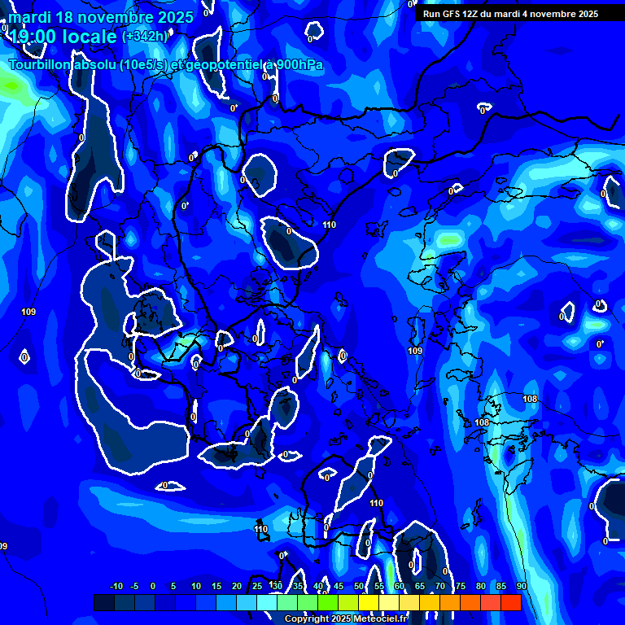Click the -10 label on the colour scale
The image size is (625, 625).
(x=116, y=586)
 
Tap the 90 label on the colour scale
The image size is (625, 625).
(x=522, y=586)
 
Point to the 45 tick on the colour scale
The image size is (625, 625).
(x=339, y=586)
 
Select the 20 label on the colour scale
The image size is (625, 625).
(x=237, y=586)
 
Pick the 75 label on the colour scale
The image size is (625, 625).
(x=461, y=586)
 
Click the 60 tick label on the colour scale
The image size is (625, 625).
(x=400, y=586)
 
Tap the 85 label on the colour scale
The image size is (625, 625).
(x=501, y=586)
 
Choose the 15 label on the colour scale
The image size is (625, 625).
(x=216, y=586)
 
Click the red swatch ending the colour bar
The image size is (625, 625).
(x=511, y=602)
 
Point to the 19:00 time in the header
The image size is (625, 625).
(x=33, y=36)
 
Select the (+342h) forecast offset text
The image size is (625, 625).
(x=145, y=36)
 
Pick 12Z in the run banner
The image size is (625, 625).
(x=476, y=14)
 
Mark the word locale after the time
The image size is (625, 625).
(x=90, y=36)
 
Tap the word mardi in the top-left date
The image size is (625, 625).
(x=28, y=17)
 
